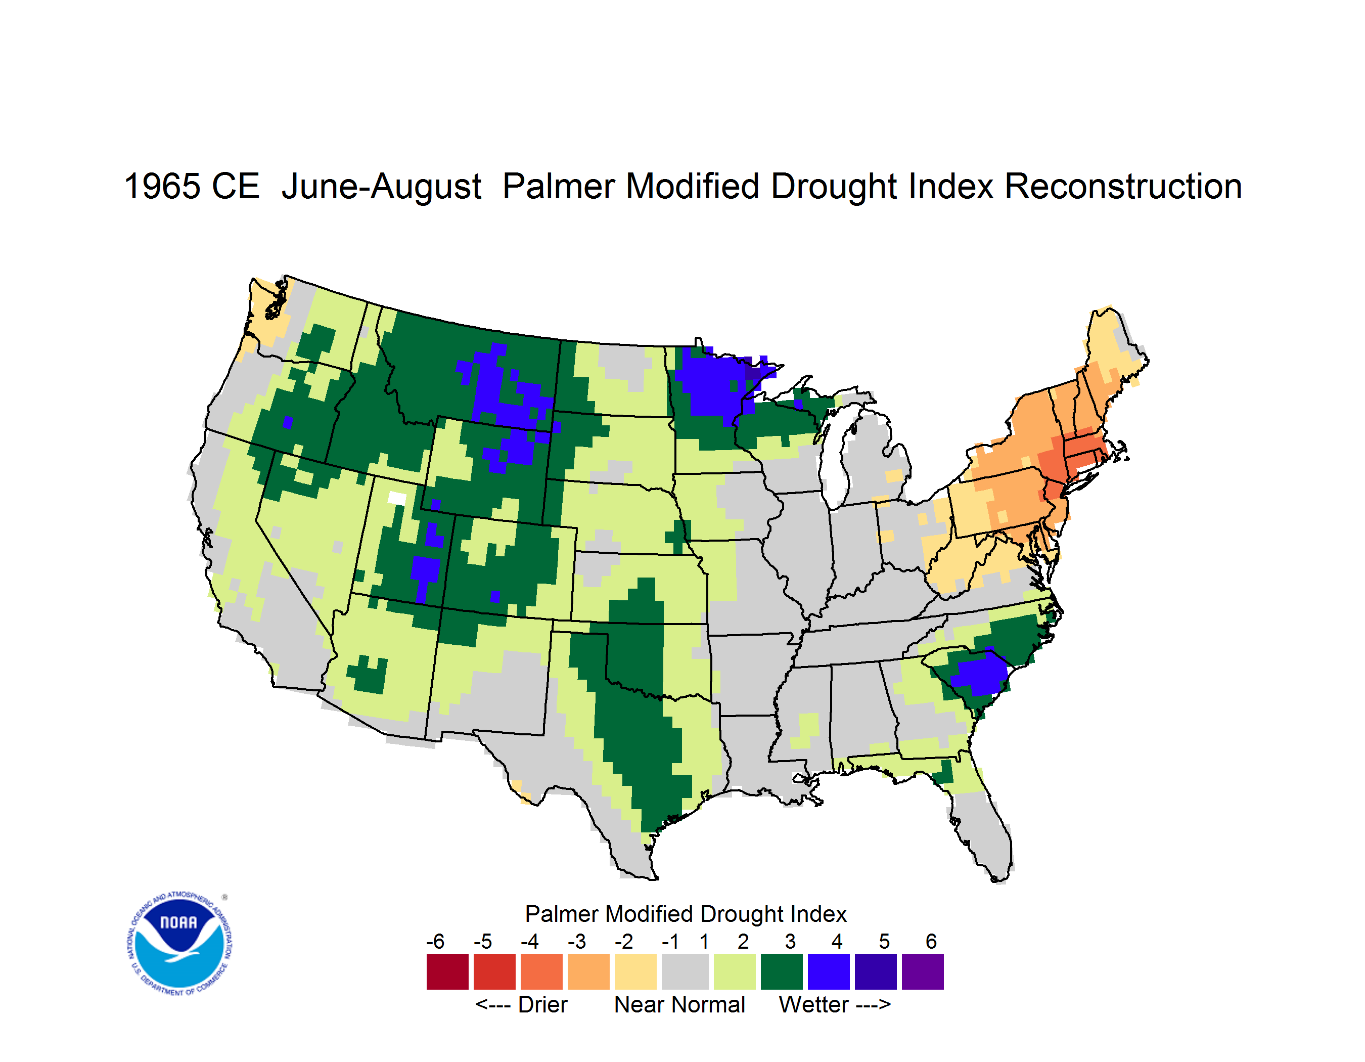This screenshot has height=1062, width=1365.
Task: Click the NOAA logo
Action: [x=179, y=944]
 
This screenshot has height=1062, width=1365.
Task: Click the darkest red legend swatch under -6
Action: [x=447, y=971]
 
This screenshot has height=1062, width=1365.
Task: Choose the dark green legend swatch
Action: [x=781, y=971]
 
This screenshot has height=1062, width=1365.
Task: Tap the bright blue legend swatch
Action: [x=829, y=971]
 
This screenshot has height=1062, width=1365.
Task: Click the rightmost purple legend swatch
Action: [x=923, y=971]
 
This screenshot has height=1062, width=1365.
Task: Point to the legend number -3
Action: [x=577, y=941]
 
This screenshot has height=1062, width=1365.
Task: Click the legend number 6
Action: [x=931, y=941]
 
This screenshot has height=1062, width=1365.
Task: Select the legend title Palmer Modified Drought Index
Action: [x=686, y=914]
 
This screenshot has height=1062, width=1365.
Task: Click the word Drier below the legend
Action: [x=542, y=1004]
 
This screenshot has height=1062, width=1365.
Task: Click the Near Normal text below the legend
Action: [x=679, y=1004]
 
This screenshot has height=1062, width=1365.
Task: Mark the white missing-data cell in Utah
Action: [x=396, y=498]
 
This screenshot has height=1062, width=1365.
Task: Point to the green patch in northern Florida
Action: [x=944, y=771]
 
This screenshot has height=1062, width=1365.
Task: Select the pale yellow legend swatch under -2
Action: [x=635, y=971]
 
